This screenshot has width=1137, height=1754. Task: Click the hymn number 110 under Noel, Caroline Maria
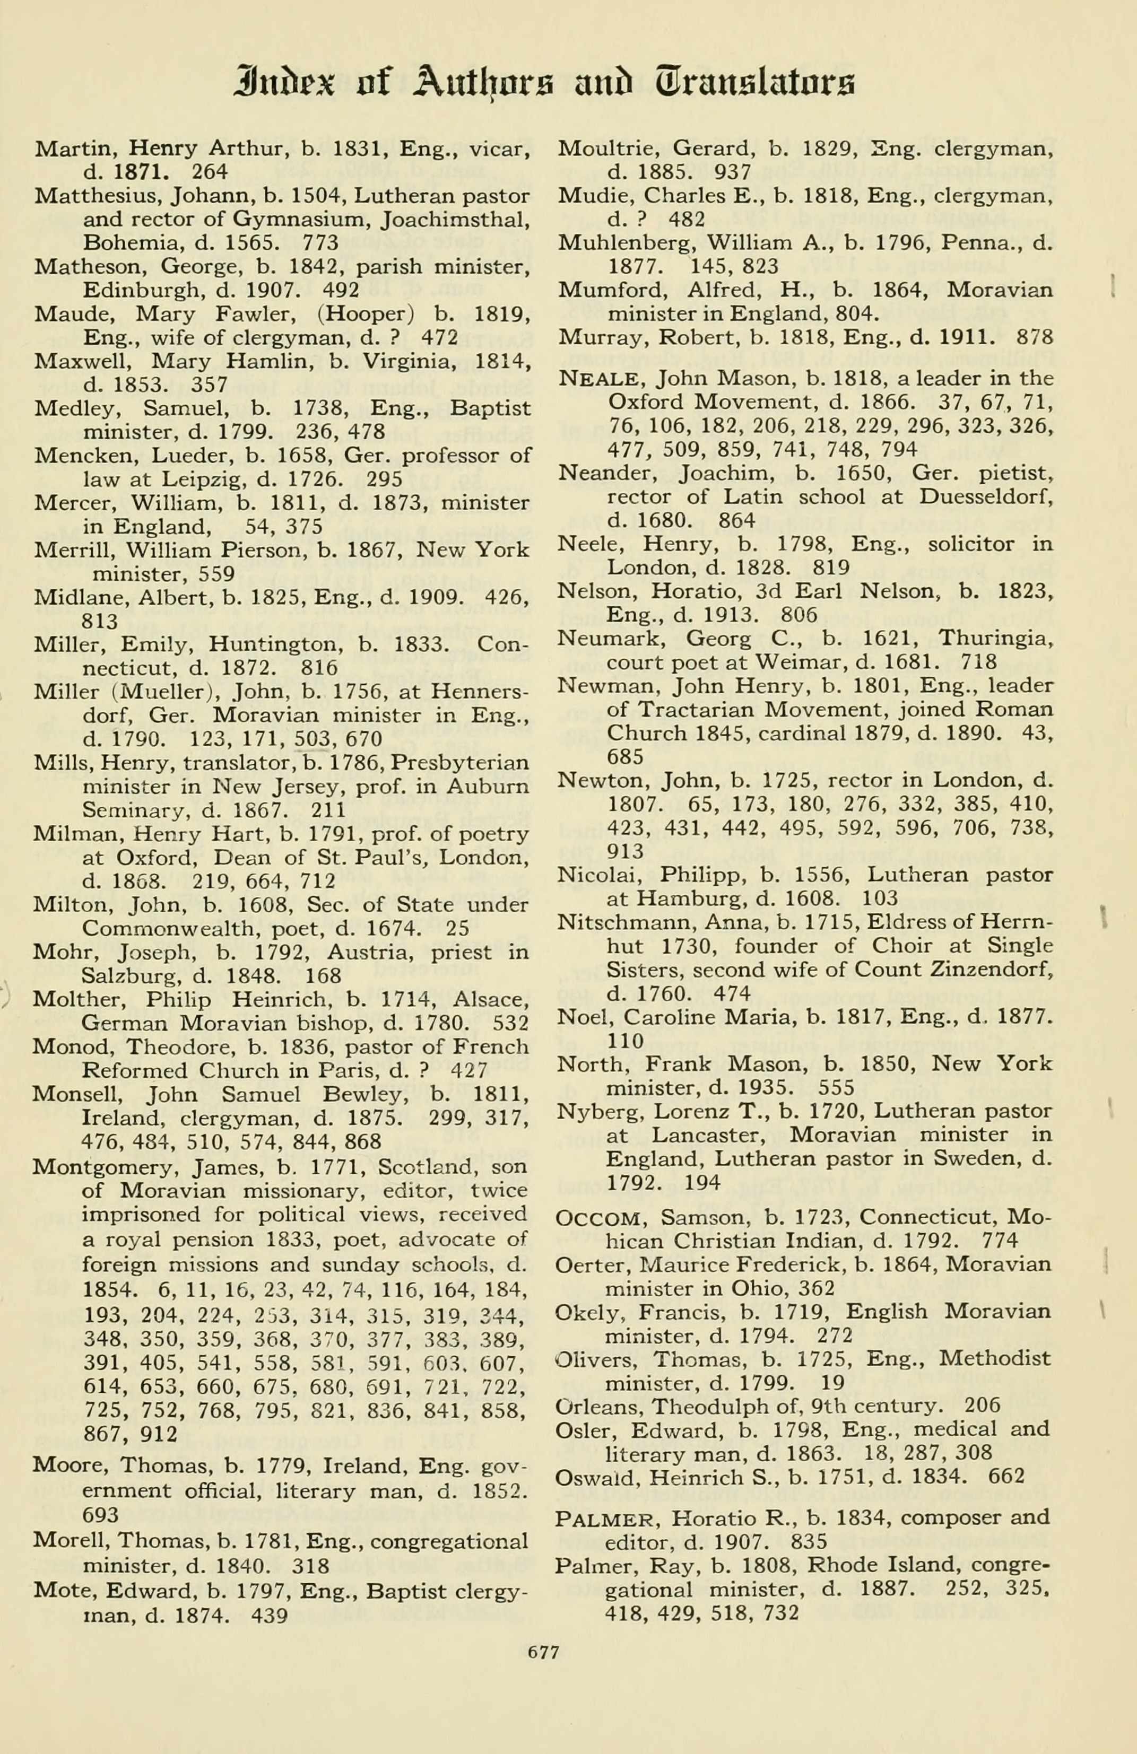pos(624,1041)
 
